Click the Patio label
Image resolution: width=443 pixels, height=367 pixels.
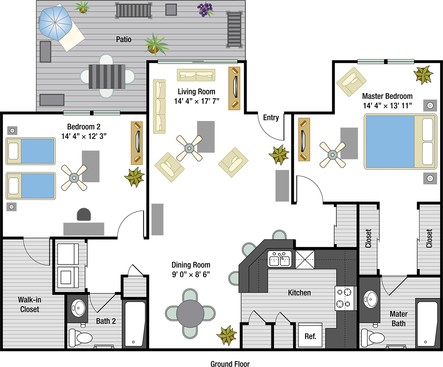pyautogui.click(x=124, y=40)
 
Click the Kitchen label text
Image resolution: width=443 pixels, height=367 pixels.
pyautogui.click(x=299, y=293)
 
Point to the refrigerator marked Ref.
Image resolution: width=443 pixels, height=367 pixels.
pyautogui.click(x=310, y=336)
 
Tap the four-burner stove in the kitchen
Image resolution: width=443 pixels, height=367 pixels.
pyautogui.click(x=345, y=298)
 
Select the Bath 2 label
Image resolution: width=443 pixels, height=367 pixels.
pyautogui.click(x=106, y=321)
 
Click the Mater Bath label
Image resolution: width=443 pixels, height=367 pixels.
pyautogui.click(x=399, y=319)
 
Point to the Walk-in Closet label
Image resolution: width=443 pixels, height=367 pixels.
pyautogui.click(x=30, y=305)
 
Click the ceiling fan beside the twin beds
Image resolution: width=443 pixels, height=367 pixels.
pyautogui.click(x=74, y=178)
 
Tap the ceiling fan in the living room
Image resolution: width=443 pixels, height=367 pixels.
pyautogui.click(x=189, y=148)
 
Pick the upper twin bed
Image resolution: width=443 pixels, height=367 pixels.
pyautogui.click(x=30, y=151)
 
